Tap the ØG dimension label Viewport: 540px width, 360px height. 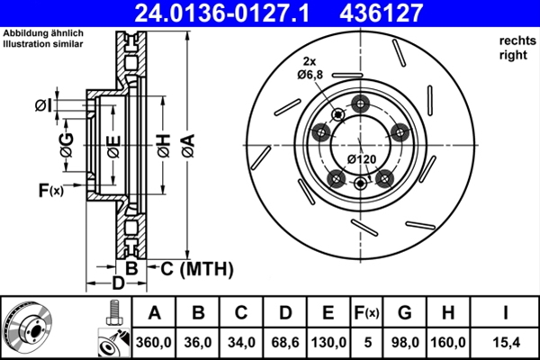pyautogui.click(x=66, y=144)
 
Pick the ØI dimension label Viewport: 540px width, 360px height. pyautogui.click(x=42, y=106)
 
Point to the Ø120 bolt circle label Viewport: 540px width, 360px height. pyautogui.click(x=362, y=160)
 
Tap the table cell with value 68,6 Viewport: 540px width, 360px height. pyautogui.click(x=285, y=341)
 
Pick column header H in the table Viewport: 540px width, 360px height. pyautogui.click(x=447, y=313)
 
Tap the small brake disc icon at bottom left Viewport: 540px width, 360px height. pyautogui.click(x=30, y=328)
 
